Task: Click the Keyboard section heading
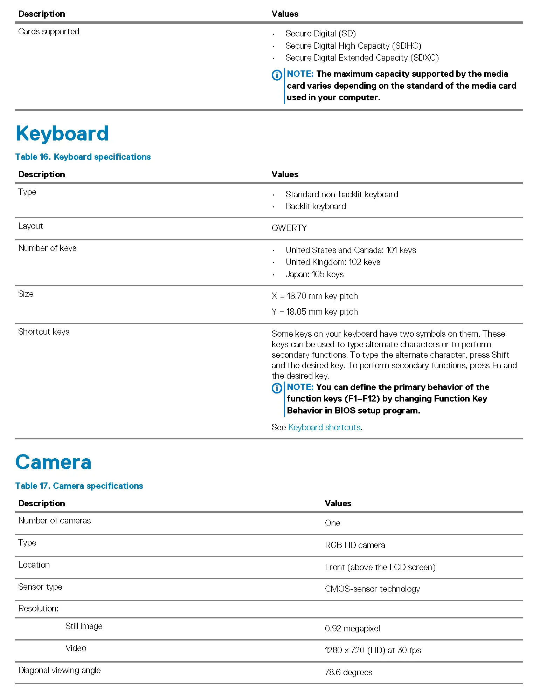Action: pos(62,133)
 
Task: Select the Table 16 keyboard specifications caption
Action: pos(83,157)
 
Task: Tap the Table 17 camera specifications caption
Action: pos(79,486)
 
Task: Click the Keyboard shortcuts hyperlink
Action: pos(324,427)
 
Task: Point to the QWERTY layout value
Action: pos(289,228)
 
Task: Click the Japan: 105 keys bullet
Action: pos(314,274)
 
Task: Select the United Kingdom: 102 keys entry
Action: pos(333,262)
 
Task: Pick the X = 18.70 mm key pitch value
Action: pos(314,296)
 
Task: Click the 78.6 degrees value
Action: pos(348,672)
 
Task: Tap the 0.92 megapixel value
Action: pos(352,629)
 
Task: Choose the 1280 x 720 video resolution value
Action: pos(373,650)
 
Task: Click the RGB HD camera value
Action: pos(355,545)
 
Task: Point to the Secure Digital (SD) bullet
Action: pos(320,34)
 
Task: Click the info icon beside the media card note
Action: pos(277,75)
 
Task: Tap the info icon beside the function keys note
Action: pos(277,388)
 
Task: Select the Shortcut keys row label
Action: pos(44,332)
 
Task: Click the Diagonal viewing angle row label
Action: pos(60,670)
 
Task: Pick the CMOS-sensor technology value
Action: pos(372,589)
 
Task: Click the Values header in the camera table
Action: pos(338,503)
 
